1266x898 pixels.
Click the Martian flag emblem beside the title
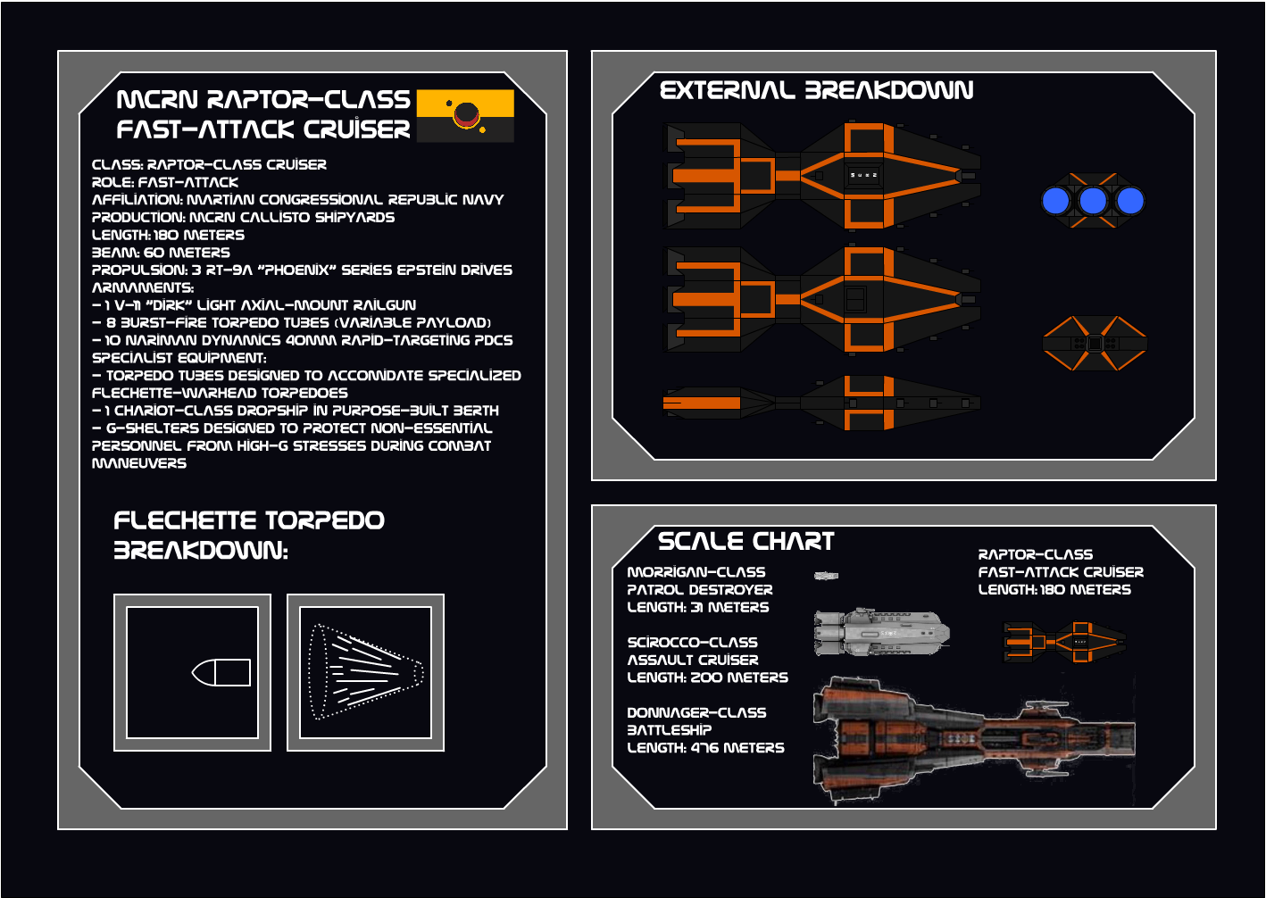tap(465, 115)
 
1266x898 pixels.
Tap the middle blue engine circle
tap(1093, 201)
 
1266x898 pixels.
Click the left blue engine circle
tap(1056, 201)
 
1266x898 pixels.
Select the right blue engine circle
tap(1130, 201)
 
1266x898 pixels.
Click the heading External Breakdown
tap(816, 90)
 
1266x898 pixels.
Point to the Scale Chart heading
tap(745, 541)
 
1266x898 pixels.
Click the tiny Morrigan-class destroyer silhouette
tap(826, 576)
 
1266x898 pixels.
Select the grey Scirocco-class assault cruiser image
tap(880, 633)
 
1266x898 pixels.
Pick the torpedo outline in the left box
tap(221, 672)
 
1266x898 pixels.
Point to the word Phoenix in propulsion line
tap(297, 270)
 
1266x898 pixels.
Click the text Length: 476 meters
tap(705, 748)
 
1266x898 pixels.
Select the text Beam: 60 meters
tap(161, 253)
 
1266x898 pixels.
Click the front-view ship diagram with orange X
tap(1094, 343)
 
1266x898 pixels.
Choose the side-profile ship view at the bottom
tap(821, 403)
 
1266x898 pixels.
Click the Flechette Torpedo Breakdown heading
tap(248, 535)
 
